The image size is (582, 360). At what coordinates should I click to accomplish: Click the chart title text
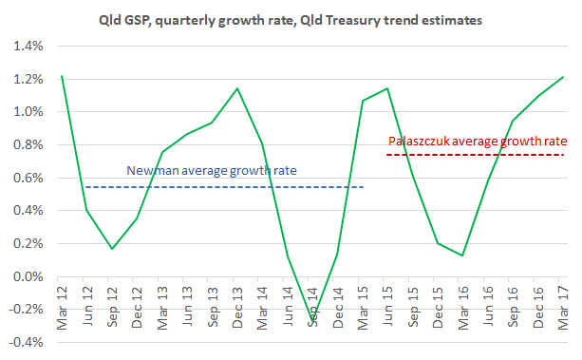tap(291, 18)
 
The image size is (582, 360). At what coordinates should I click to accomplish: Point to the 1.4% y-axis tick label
tap(27, 47)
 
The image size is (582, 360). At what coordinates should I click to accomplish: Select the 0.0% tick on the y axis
tap(27, 276)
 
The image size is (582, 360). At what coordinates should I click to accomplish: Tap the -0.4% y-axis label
tap(25, 342)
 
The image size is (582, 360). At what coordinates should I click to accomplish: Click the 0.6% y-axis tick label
tap(27, 178)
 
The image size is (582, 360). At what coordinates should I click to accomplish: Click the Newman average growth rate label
tap(212, 171)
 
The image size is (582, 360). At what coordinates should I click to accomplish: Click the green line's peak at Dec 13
tap(236, 89)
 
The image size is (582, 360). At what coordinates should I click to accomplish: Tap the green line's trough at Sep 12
tap(112, 249)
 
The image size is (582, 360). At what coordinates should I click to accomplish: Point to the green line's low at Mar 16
tap(461, 256)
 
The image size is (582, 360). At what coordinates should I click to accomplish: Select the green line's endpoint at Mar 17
tap(561, 78)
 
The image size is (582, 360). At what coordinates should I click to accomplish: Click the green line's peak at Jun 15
tap(386, 88)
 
